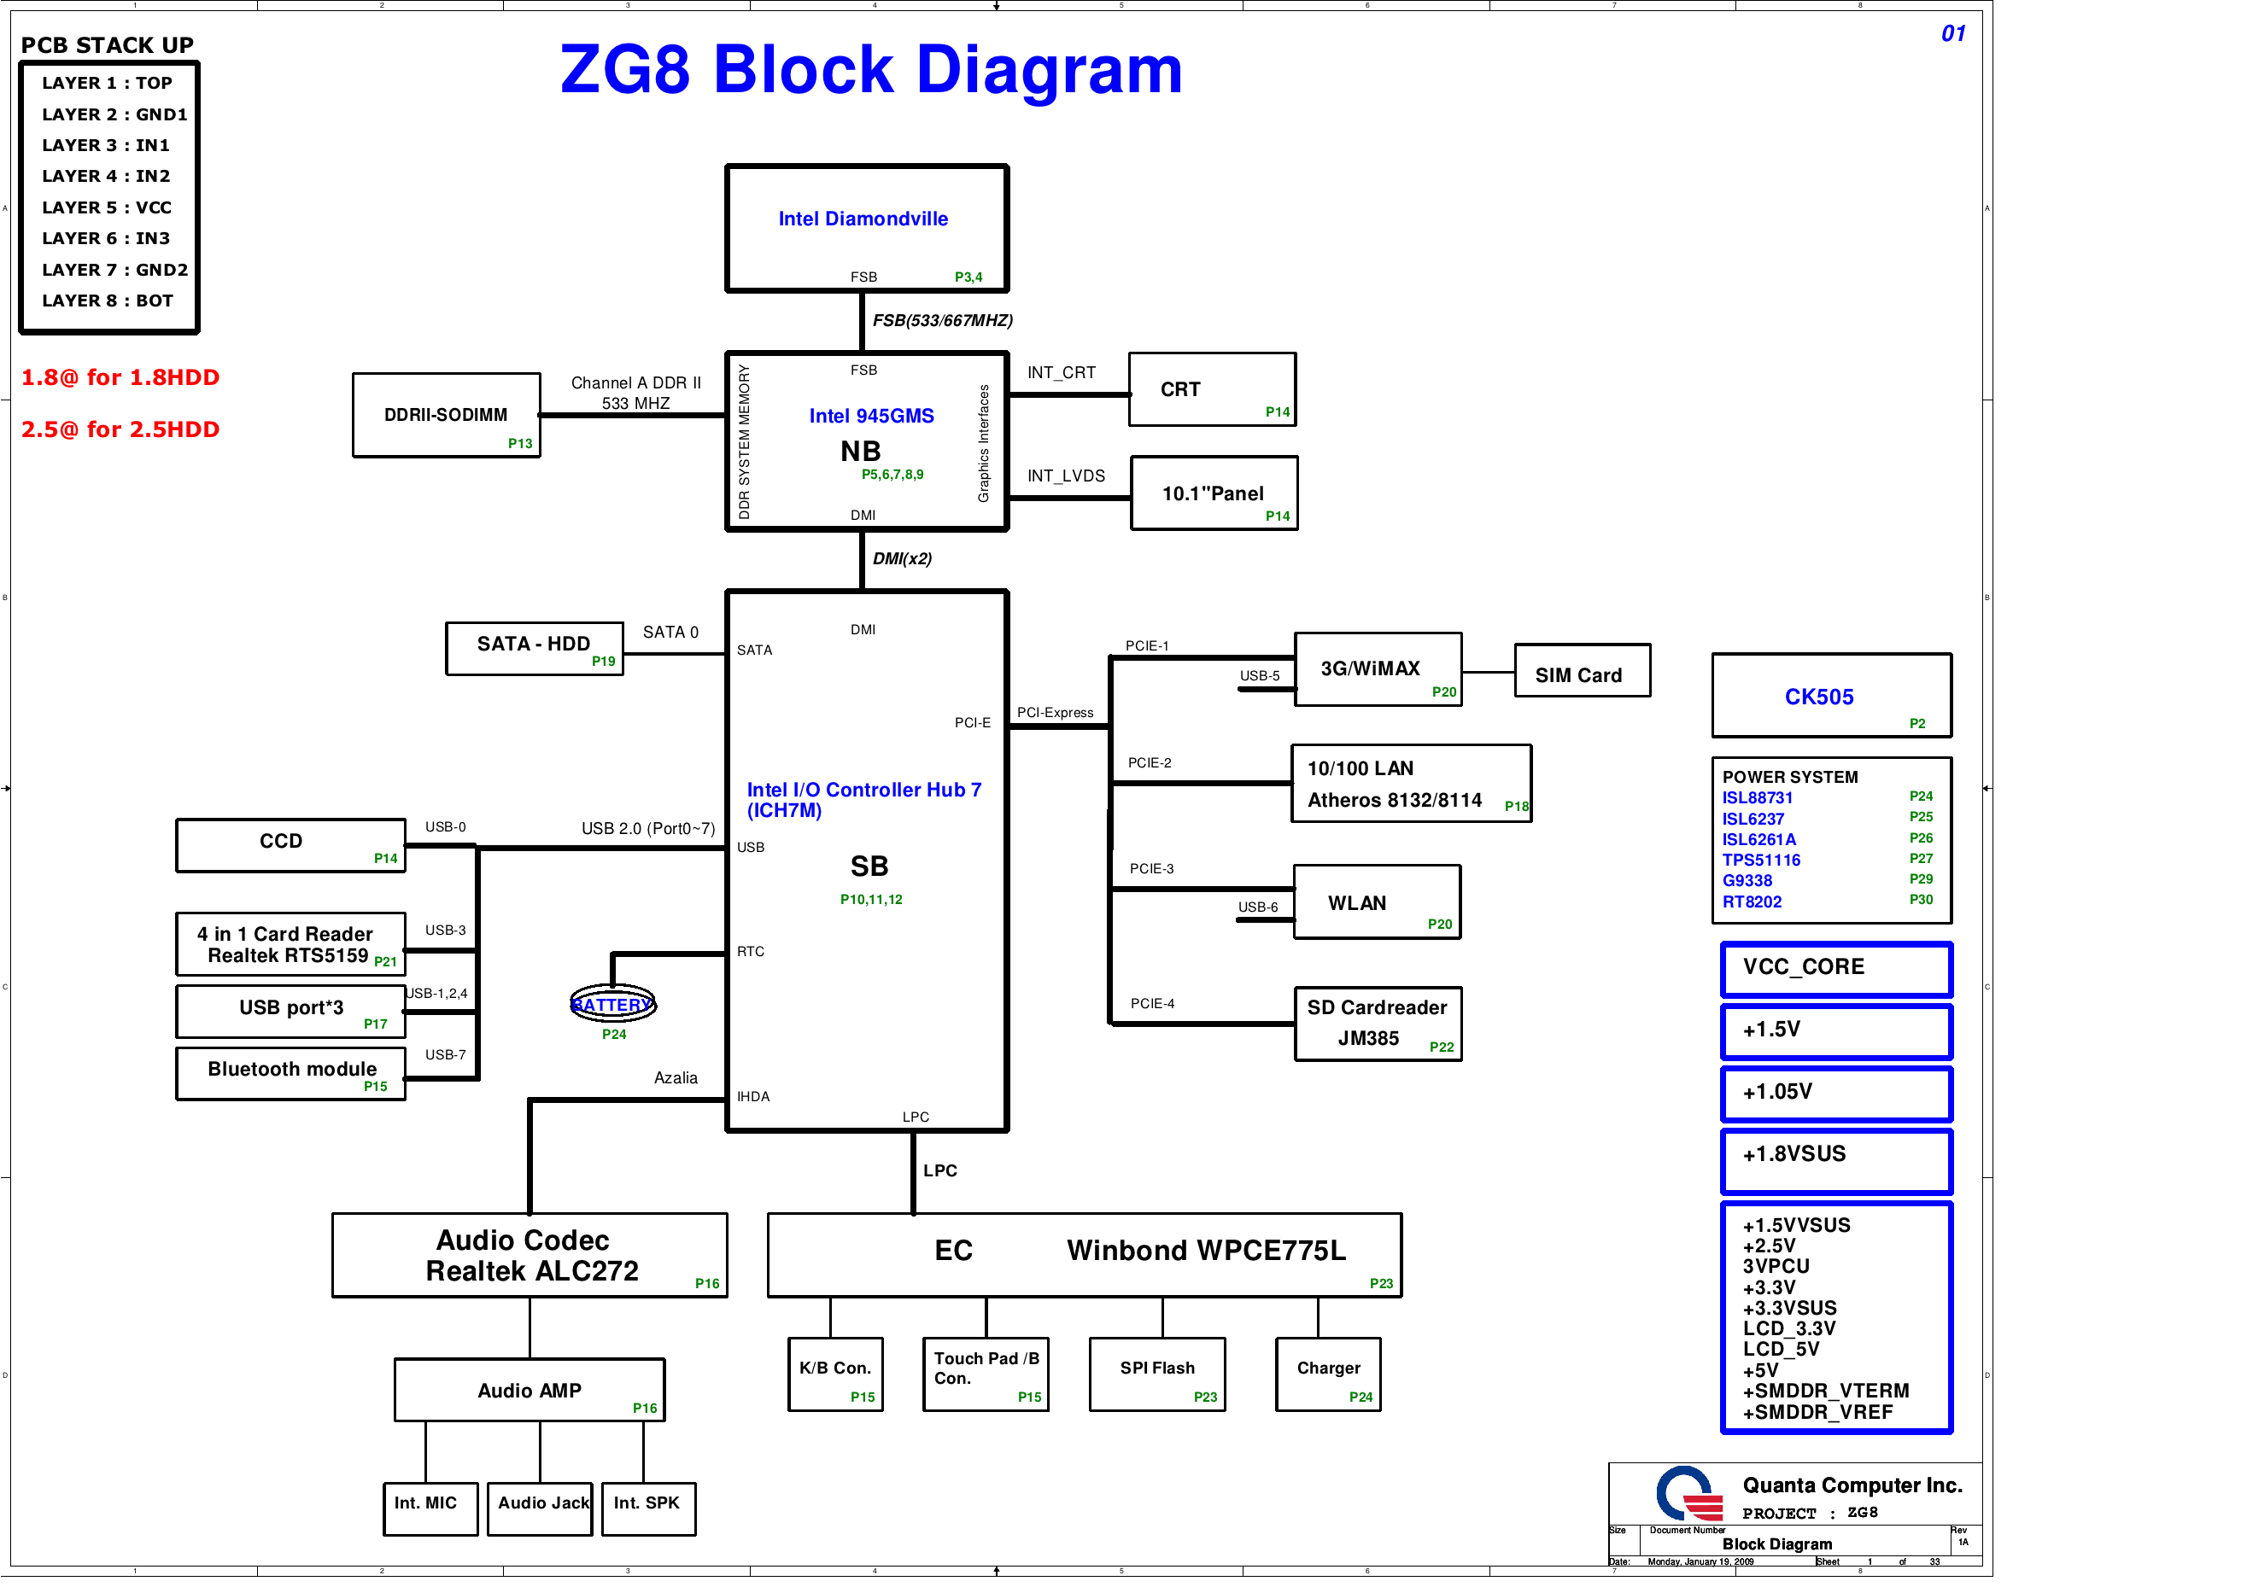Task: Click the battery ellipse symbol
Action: pyautogui.click(x=612, y=1004)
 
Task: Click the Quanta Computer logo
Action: pyautogui.click(x=1689, y=1493)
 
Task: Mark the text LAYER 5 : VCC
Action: pyautogui.click(x=107, y=207)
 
